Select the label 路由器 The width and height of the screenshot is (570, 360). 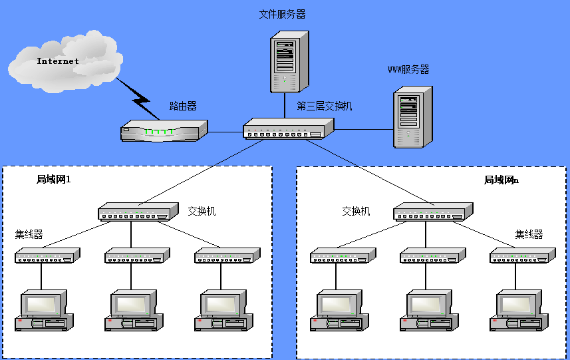(x=183, y=106)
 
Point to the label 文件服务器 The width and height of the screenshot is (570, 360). (x=282, y=14)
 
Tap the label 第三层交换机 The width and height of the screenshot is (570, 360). (x=324, y=106)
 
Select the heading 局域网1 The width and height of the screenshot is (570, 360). (x=53, y=179)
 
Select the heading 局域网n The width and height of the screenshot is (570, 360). (x=501, y=180)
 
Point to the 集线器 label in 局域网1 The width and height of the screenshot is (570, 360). (x=29, y=234)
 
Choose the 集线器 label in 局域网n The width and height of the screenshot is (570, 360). (x=529, y=234)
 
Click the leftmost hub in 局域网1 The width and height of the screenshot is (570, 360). (x=47, y=256)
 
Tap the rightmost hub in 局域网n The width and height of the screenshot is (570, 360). (x=522, y=256)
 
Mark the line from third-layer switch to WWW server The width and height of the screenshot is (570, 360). (x=360, y=130)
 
